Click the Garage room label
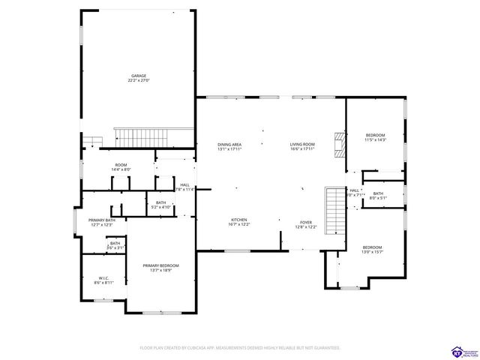[139, 76]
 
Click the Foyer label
[306, 223]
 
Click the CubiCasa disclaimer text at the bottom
[240, 348]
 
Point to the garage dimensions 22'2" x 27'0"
[139, 81]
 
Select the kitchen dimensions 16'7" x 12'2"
[239, 225]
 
